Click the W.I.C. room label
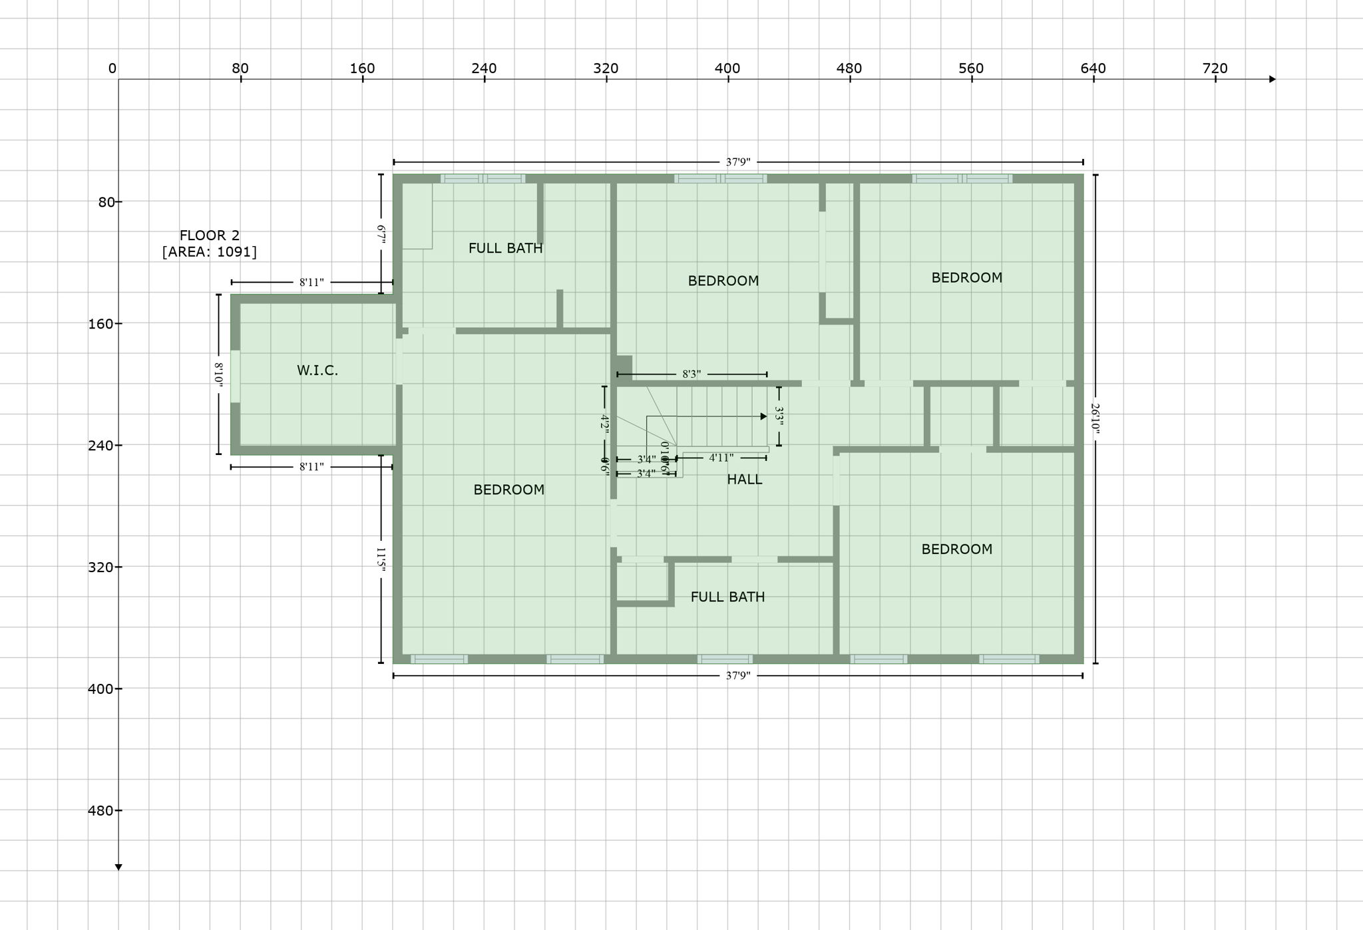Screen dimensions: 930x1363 pos(317,371)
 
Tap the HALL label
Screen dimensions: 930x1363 pos(744,480)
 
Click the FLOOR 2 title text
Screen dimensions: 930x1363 pos(210,235)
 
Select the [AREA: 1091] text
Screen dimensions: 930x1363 pos(210,251)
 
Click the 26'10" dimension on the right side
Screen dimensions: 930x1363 pos(1095,418)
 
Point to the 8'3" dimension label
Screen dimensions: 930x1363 pos(691,375)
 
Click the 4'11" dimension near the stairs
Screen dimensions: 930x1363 pos(721,458)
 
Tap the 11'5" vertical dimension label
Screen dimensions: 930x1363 pos(381,559)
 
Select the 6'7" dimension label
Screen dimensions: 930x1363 pos(381,235)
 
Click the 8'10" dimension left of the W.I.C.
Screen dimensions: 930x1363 pos(218,373)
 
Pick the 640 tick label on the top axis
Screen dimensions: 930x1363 pos(1093,69)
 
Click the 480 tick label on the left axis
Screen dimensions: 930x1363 pos(100,810)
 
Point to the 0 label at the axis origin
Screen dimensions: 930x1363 pos(112,69)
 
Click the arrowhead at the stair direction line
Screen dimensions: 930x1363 pos(764,416)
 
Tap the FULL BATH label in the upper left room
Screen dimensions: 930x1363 pos(505,248)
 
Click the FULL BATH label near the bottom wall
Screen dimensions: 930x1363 pos(727,597)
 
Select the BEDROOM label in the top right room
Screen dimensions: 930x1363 pos(966,278)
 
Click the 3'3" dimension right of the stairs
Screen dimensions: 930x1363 pos(779,416)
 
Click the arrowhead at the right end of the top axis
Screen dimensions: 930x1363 pos(1272,79)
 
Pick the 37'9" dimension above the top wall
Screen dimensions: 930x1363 pos(737,162)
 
